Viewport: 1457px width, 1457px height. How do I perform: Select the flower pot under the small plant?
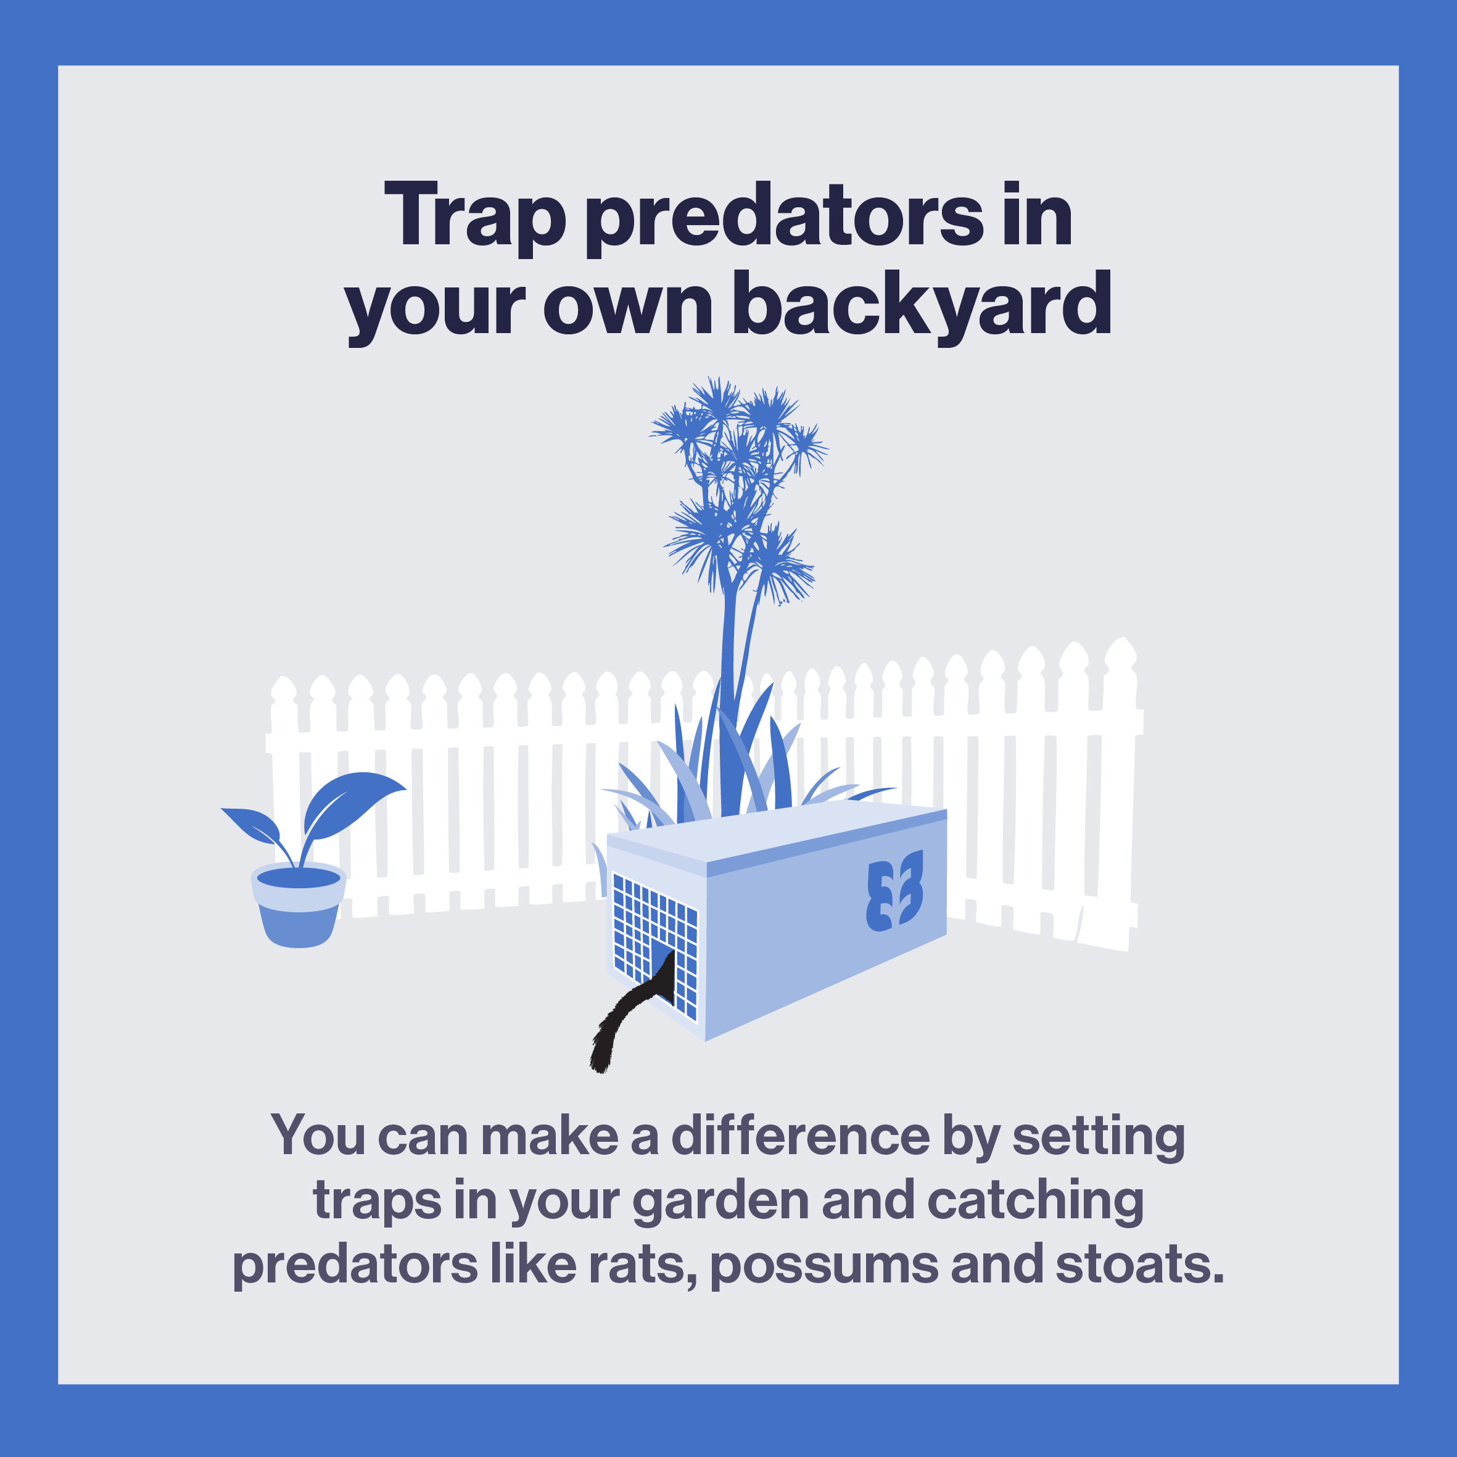click(299, 905)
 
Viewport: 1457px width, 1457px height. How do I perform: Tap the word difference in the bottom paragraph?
click(800, 1135)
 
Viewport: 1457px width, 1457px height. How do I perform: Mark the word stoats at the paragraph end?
click(1139, 1265)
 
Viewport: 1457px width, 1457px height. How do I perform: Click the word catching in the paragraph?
click(1034, 1200)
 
